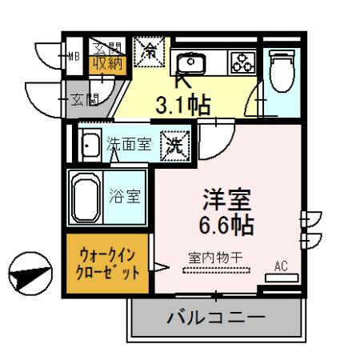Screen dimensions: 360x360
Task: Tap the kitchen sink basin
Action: click(191, 62)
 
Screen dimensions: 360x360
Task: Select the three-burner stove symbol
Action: click(242, 61)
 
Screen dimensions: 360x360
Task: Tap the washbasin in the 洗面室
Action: click(90, 146)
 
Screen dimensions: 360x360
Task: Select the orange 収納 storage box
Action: click(106, 62)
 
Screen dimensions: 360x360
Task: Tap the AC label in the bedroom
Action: click(281, 265)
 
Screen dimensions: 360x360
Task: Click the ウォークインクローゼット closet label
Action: click(106, 262)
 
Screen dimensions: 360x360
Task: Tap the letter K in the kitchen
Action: click(182, 80)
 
